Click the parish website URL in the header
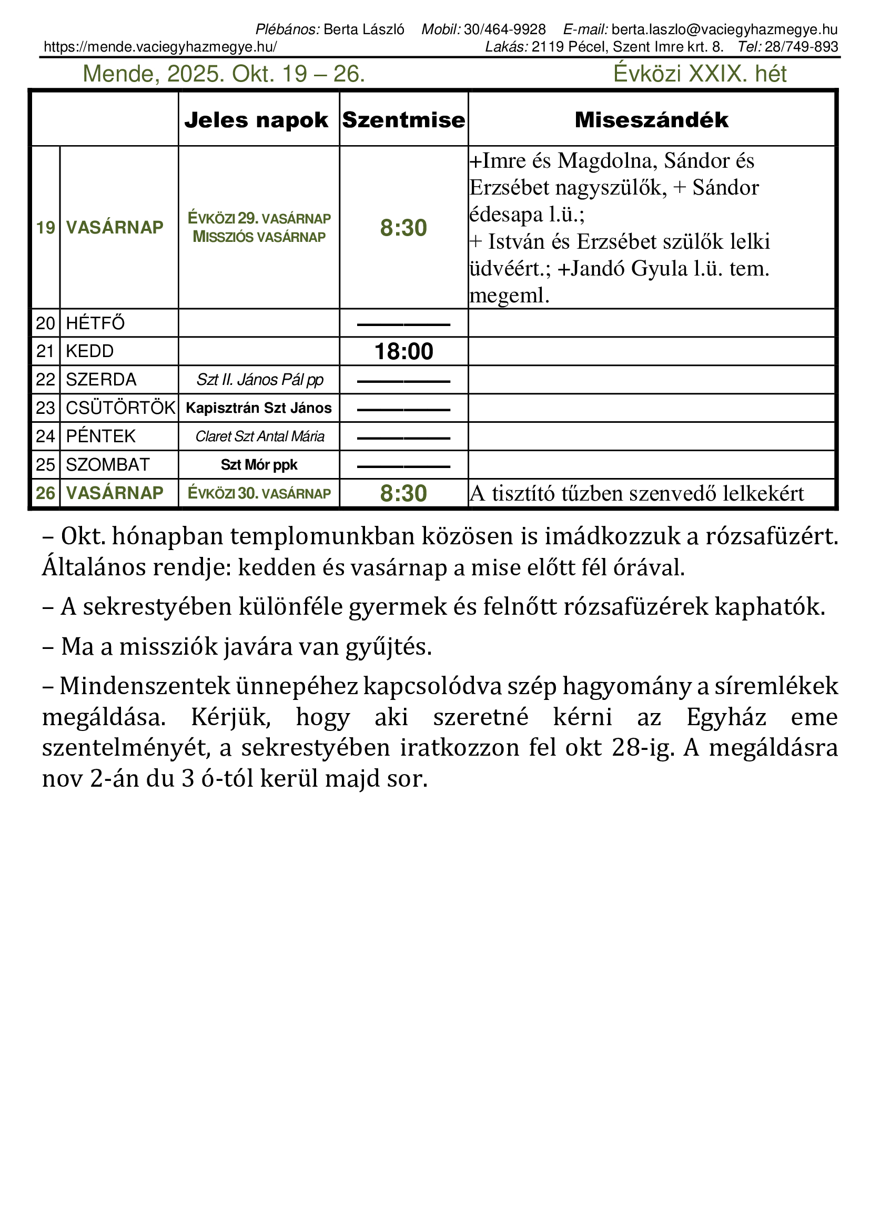(x=160, y=47)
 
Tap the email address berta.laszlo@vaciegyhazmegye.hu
(x=724, y=29)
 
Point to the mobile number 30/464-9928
(x=504, y=29)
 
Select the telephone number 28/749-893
(x=801, y=47)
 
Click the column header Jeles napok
(x=256, y=120)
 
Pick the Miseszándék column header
(x=651, y=120)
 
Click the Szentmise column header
(x=403, y=120)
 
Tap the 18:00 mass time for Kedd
(x=403, y=351)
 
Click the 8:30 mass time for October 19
(x=403, y=228)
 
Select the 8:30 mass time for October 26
(x=403, y=493)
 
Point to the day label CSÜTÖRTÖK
(x=120, y=408)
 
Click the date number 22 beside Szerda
(x=46, y=380)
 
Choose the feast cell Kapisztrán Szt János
(x=259, y=408)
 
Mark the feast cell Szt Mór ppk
(x=259, y=465)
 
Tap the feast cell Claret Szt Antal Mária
(x=260, y=436)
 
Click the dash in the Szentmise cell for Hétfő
(x=403, y=324)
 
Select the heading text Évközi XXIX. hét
(x=700, y=74)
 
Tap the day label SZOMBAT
(x=108, y=465)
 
